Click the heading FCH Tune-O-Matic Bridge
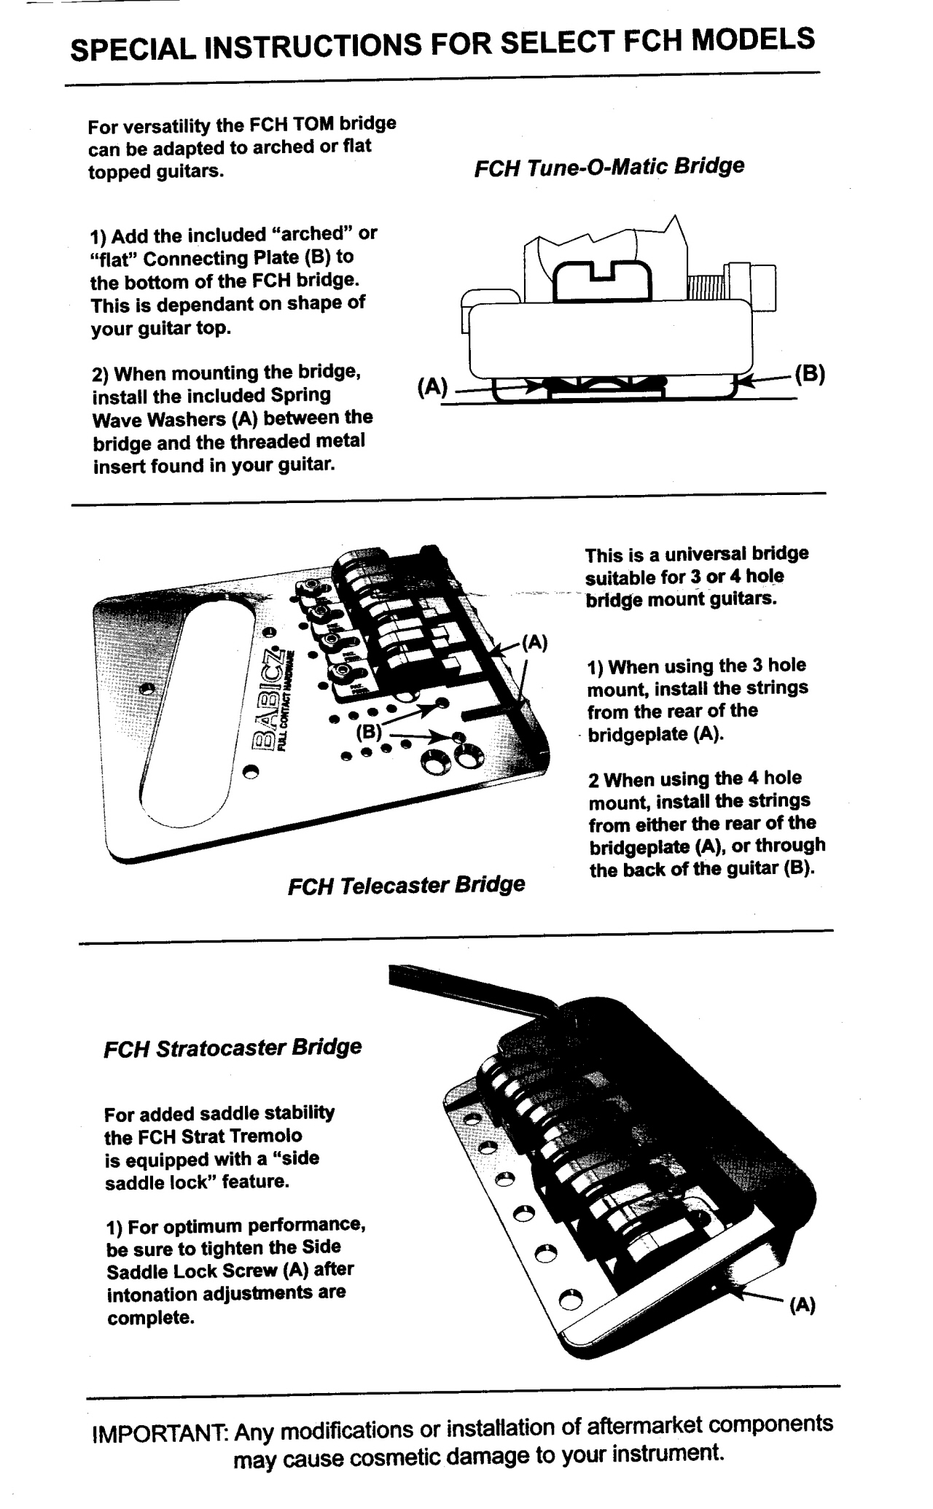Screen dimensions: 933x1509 click(609, 167)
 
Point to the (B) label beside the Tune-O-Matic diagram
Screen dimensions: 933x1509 click(810, 374)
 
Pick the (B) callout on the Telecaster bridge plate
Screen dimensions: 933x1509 click(370, 730)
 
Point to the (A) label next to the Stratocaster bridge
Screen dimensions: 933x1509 click(802, 1306)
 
